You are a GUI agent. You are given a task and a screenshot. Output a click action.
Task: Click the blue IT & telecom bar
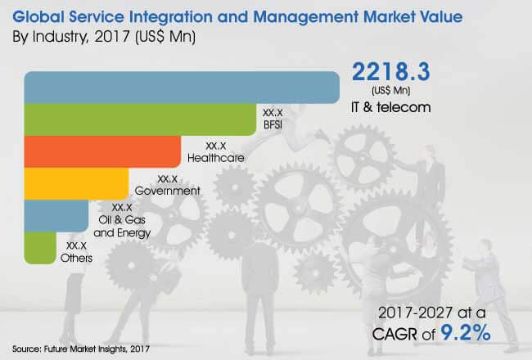point(180,88)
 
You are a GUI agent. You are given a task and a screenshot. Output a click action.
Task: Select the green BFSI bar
point(139,119)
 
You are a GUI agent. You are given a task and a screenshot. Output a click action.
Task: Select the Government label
point(168,190)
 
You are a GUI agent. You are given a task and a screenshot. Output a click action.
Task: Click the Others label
point(76,258)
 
